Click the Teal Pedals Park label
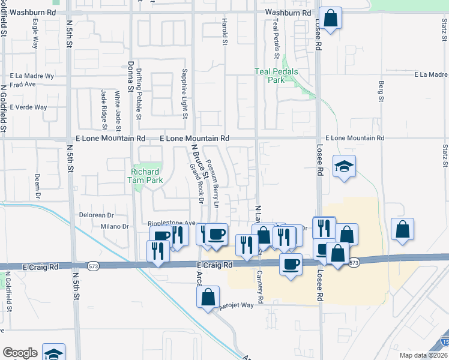[x=276, y=76]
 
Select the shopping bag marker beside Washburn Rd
[x=330, y=18]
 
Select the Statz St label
[x=445, y=155]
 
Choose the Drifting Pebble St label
[x=137, y=94]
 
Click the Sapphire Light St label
[x=185, y=93]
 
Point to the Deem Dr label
[x=37, y=187]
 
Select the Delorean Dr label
[x=96, y=215]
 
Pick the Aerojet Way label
[x=237, y=305]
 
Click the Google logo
[x=19, y=353]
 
